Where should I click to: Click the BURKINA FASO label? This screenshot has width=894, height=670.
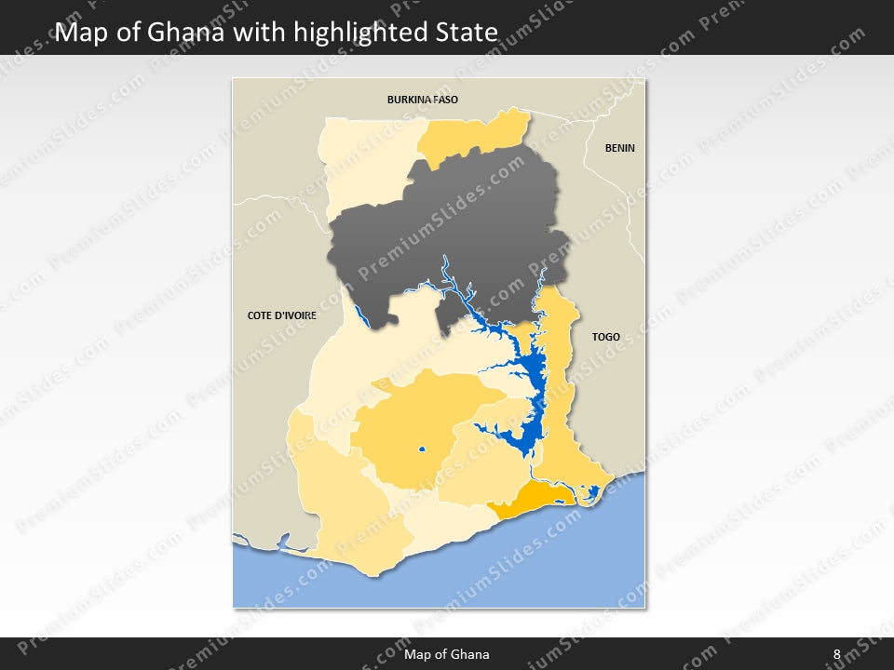point(423,99)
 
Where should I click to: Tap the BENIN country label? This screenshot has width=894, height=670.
point(619,148)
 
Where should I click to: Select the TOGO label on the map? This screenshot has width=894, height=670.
point(605,337)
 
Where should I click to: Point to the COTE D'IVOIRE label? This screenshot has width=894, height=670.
point(282,315)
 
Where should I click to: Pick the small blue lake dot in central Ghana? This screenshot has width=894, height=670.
point(422,451)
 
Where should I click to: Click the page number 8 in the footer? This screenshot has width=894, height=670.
point(836,654)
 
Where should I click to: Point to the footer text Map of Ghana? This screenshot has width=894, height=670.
point(446,654)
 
